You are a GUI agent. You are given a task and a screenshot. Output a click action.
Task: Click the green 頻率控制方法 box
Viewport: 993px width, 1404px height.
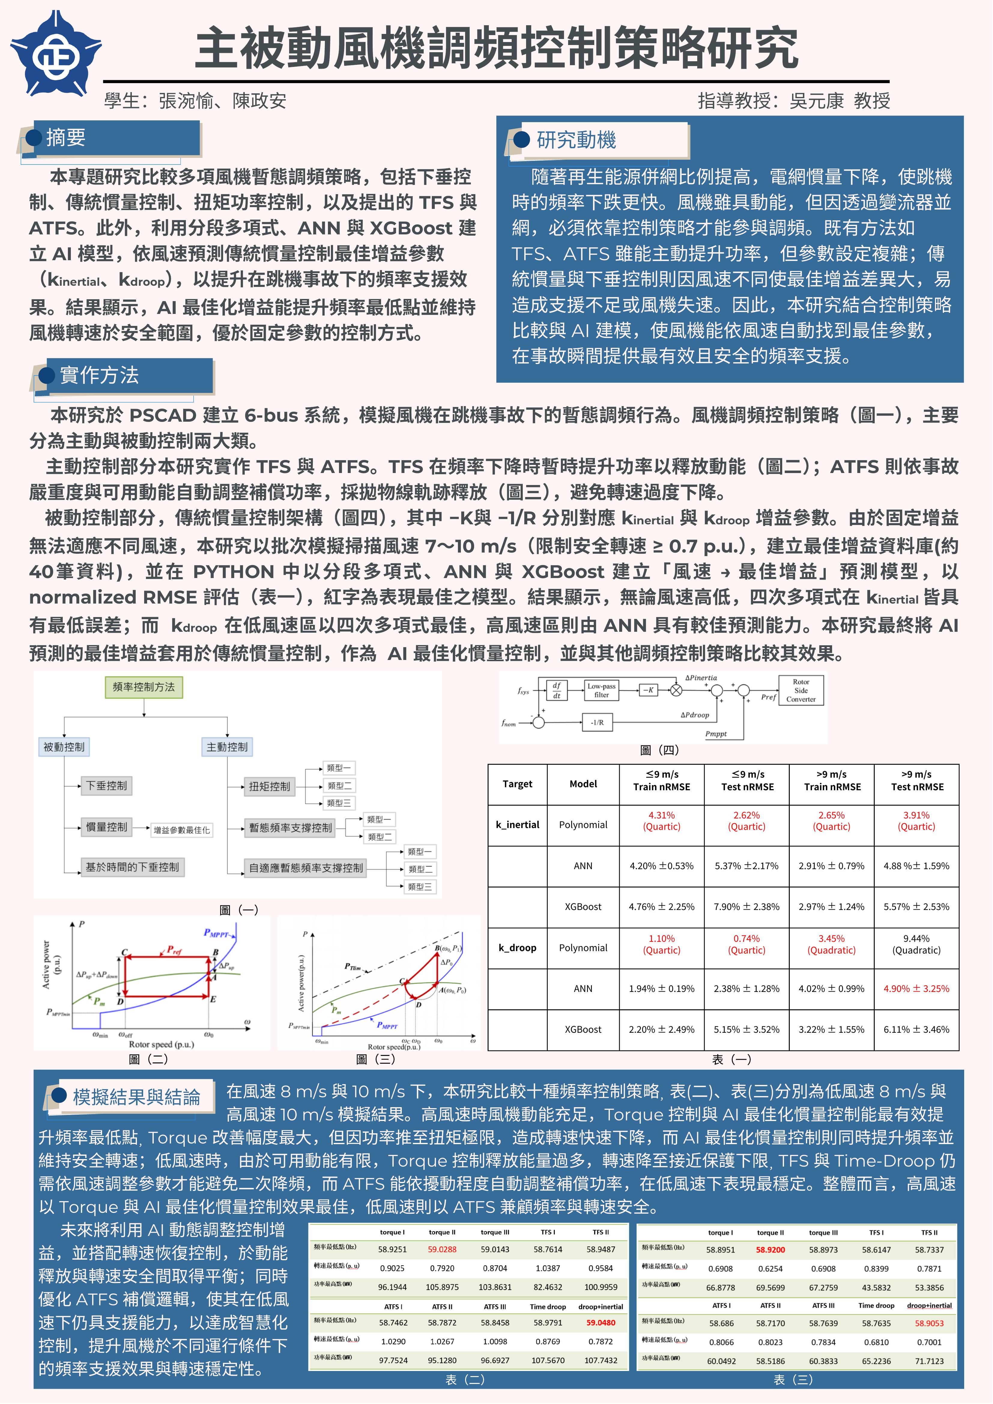(144, 687)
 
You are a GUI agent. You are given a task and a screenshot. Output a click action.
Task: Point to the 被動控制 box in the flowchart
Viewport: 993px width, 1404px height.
(64, 747)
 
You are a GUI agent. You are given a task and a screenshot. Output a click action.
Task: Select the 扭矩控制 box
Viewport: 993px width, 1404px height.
(269, 786)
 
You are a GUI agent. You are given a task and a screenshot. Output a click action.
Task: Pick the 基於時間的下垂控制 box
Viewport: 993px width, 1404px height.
(132, 867)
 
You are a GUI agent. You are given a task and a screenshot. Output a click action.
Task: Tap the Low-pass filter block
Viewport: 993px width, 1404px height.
(601, 690)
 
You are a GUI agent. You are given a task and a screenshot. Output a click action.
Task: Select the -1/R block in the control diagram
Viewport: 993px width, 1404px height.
(597, 722)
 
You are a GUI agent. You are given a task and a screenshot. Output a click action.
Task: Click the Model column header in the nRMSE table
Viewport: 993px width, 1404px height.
(583, 784)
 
